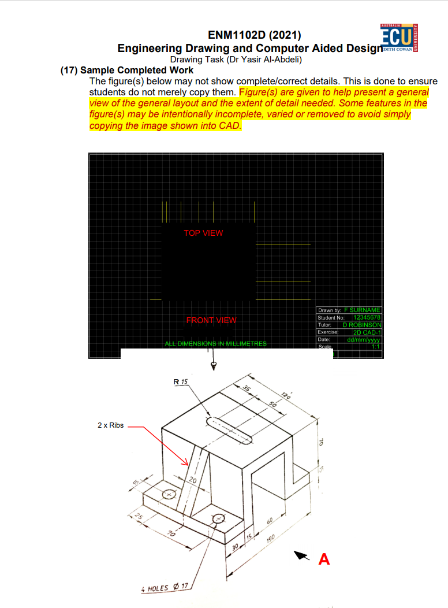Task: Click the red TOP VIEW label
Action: coord(203,233)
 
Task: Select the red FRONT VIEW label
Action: coord(211,320)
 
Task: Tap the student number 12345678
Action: coord(367,318)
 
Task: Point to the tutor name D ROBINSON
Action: coord(362,325)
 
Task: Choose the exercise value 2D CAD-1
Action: coord(367,332)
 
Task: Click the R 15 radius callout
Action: coord(181,382)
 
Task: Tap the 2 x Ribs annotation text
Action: coord(110,425)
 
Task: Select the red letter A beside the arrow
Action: coord(324,559)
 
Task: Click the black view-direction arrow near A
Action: coord(301,555)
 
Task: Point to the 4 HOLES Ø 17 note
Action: coord(165,588)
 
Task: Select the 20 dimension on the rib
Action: coord(193,480)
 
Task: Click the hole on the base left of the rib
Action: coord(169,494)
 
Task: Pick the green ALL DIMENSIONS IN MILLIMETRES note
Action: coord(216,344)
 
